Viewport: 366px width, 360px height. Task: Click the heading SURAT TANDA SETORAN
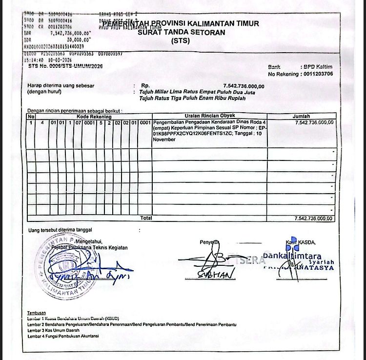(181, 33)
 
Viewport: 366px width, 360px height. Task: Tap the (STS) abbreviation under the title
(181, 41)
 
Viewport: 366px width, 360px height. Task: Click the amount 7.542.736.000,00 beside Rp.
(244, 86)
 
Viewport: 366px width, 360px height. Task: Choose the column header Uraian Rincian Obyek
(210, 116)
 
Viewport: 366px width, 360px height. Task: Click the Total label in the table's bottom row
(146, 218)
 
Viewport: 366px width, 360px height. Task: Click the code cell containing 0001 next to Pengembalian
(145, 122)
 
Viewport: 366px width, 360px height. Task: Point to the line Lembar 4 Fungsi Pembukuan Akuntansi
(63, 336)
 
